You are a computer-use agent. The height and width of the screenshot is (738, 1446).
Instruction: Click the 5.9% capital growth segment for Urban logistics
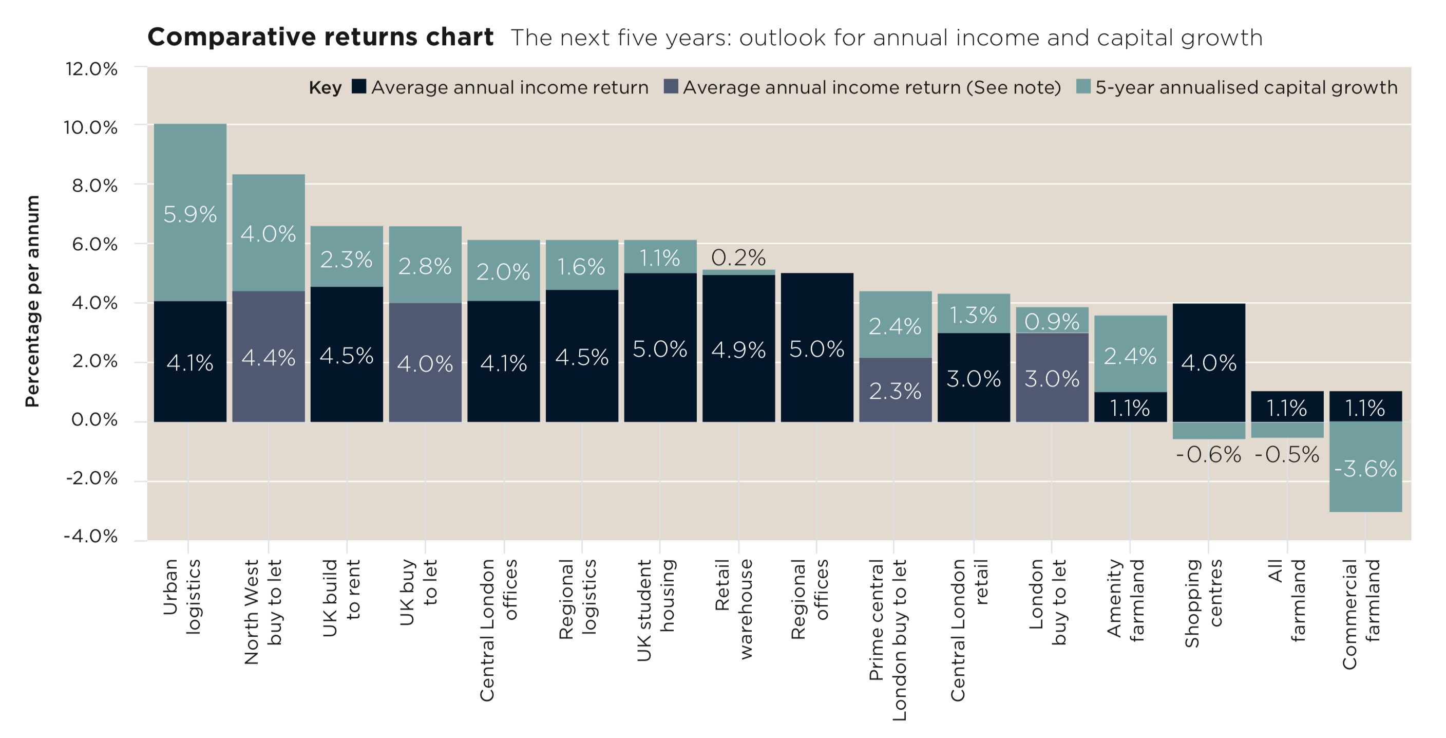click(189, 213)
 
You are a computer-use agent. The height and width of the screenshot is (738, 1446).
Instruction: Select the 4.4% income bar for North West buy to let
click(269, 357)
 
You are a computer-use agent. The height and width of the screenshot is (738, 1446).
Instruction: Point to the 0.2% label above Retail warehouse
click(738, 258)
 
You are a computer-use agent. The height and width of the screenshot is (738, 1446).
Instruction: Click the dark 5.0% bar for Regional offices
click(817, 348)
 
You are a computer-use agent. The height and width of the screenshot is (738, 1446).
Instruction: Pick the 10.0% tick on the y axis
click(91, 127)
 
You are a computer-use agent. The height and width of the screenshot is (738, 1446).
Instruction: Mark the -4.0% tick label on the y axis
click(91, 537)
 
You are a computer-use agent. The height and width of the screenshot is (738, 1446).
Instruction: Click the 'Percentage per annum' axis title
click(32, 301)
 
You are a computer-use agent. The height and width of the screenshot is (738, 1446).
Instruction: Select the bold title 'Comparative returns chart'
click(320, 37)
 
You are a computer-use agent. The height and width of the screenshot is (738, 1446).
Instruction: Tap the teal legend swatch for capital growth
click(1083, 86)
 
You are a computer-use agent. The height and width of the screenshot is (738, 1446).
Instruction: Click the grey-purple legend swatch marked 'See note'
click(670, 86)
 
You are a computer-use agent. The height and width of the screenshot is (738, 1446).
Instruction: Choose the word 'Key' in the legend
click(325, 87)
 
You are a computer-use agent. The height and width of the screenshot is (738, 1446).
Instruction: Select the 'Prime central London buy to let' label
click(888, 639)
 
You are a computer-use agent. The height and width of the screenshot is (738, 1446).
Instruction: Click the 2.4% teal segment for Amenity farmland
click(1130, 356)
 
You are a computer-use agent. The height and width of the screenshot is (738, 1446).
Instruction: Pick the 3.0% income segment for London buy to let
click(1052, 378)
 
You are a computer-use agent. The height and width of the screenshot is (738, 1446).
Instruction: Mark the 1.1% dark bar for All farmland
click(1287, 407)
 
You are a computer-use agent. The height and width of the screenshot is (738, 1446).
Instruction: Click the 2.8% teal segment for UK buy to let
click(425, 266)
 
